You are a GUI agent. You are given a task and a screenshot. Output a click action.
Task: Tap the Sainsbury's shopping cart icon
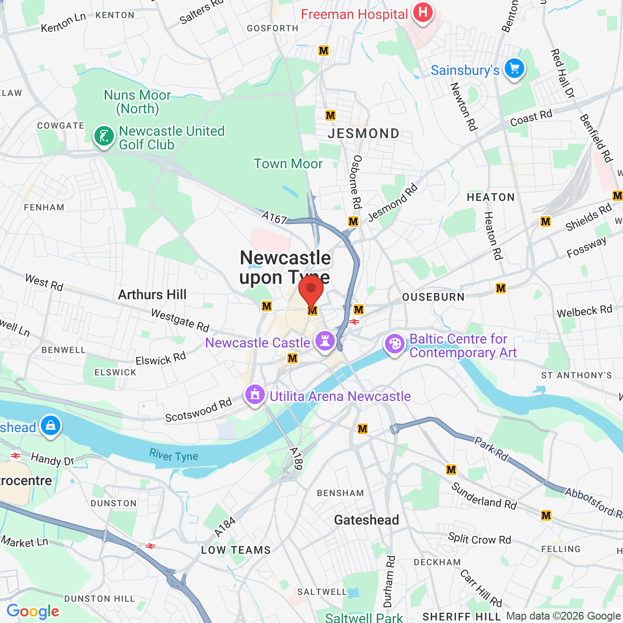[x=514, y=69]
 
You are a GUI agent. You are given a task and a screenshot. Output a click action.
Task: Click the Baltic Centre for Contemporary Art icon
[x=394, y=344]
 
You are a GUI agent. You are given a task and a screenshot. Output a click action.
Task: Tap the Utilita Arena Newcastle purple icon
[x=255, y=395]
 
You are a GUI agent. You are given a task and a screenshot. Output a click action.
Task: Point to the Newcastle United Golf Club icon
[x=104, y=136]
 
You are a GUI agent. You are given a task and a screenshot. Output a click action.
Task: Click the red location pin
[x=311, y=291]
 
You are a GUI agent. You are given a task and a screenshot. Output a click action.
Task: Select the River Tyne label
[x=174, y=456]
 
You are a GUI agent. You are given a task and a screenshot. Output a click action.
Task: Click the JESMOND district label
[x=364, y=133]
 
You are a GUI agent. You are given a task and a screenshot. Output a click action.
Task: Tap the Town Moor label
[x=288, y=164]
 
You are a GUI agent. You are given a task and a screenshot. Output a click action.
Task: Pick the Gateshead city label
[x=366, y=520]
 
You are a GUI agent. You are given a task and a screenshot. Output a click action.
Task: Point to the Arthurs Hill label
[x=152, y=294]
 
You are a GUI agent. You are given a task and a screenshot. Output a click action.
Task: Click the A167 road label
[x=275, y=219]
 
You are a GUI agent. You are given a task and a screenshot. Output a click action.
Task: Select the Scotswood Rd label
[x=199, y=410]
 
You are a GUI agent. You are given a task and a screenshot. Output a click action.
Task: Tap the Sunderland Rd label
[x=484, y=496]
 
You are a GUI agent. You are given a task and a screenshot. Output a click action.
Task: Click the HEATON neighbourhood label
[x=491, y=197]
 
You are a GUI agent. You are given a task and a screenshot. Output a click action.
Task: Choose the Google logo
[x=33, y=611]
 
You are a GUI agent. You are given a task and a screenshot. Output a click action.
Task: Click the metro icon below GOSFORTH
[x=324, y=51]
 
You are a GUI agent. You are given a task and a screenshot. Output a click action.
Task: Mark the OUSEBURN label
[x=433, y=297]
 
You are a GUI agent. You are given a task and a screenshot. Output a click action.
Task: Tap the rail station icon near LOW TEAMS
[x=150, y=546]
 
